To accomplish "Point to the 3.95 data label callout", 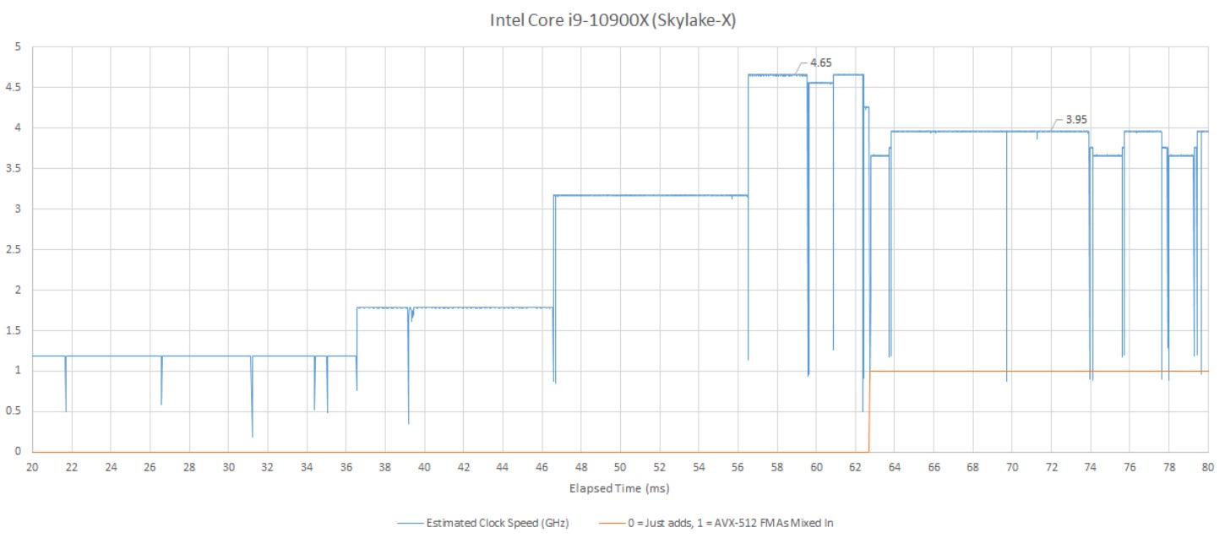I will tap(1075, 120).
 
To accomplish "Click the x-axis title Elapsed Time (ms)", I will tap(620, 488).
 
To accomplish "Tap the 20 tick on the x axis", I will tap(32, 466).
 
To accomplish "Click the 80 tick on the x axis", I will tap(1208, 466).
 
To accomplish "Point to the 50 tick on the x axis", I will tap(620, 466).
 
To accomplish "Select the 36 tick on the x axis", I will tap(346, 466).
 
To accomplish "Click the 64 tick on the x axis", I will tap(895, 466).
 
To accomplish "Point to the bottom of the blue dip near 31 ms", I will tap(253, 436).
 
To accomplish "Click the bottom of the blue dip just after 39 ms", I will tap(409, 422).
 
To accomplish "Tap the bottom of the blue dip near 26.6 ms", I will tap(161, 404).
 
